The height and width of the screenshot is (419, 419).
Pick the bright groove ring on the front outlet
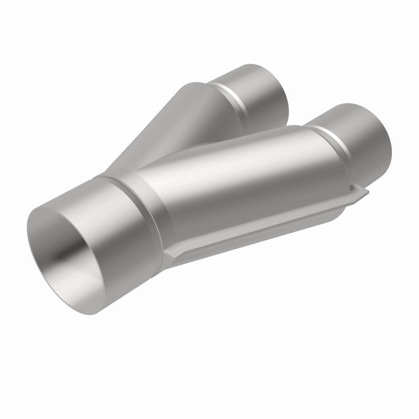point(325,141)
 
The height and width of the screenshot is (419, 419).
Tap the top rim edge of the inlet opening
point(58,202)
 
